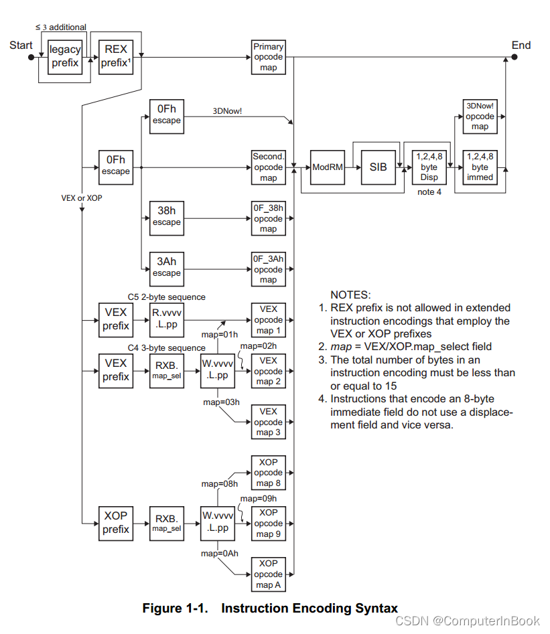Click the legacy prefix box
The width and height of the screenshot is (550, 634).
click(x=65, y=57)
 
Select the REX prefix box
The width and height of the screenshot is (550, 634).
click(x=116, y=57)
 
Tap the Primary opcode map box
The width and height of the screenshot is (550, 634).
click(x=268, y=57)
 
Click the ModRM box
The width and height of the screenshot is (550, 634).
click(x=327, y=167)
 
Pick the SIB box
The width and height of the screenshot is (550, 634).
click(x=379, y=167)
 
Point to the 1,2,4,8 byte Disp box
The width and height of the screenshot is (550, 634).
click(x=429, y=167)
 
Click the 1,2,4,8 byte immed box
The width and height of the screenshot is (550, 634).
click(x=480, y=167)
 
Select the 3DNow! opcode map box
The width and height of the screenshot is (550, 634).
click(x=480, y=116)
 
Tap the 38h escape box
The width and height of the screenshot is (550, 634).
click(x=166, y=217)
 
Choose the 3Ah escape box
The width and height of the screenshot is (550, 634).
click(x=166, y=268)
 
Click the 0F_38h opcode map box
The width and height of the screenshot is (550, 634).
click(x=268, y=218)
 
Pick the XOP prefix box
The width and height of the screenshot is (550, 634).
click(x=116, y=523)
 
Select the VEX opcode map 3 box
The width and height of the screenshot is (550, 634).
click(x=268, y=422)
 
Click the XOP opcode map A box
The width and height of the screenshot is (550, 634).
click(x=268, y=574)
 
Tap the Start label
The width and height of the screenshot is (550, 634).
click(x=21, y=46)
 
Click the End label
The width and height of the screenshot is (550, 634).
click(x=521, y=46)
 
